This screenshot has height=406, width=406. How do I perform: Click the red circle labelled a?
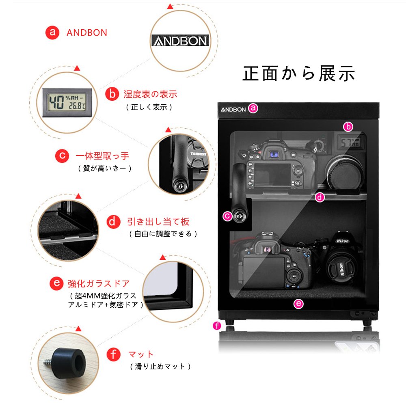pos(52,32)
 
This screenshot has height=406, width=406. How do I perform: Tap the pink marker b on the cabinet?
pos(348,127)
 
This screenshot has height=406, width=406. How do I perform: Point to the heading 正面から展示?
pos(299,73)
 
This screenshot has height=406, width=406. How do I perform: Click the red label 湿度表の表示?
pos(150,95)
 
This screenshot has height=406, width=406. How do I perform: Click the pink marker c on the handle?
pos(227,216)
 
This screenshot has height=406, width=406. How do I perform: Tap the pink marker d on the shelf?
pos(320,197)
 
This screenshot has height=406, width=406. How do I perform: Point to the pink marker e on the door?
pos(298,303)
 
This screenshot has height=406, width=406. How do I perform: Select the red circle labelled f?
pos(113,354)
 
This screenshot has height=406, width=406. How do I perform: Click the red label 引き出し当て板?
pos(158,222)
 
